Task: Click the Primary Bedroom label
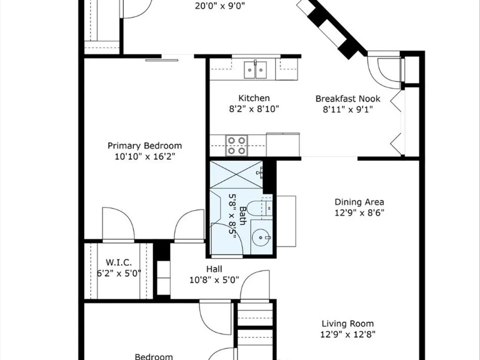pos(145,145)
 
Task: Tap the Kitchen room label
pos(254,98)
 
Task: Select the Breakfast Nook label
pos(348,99)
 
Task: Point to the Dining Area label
pos(359,202)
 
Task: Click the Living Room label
pos(348,324)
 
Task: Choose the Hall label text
pos(214,269)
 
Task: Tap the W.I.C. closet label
pos(119,263)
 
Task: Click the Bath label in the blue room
pos(243,216)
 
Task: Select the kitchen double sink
pos(255,70)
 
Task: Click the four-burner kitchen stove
pos(237,145)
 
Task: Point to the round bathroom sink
pos(261,237)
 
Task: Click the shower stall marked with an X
pos(236,175)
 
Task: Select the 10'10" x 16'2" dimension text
pos(145,156)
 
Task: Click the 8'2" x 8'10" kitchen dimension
pos(254,109)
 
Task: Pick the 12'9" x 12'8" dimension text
pos(348,334)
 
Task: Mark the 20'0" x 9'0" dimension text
pos(220,6)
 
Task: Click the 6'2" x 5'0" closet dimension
pos(119,273)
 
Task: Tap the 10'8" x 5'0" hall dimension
pos(214,280)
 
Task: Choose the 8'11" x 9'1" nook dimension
pos(348,109)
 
